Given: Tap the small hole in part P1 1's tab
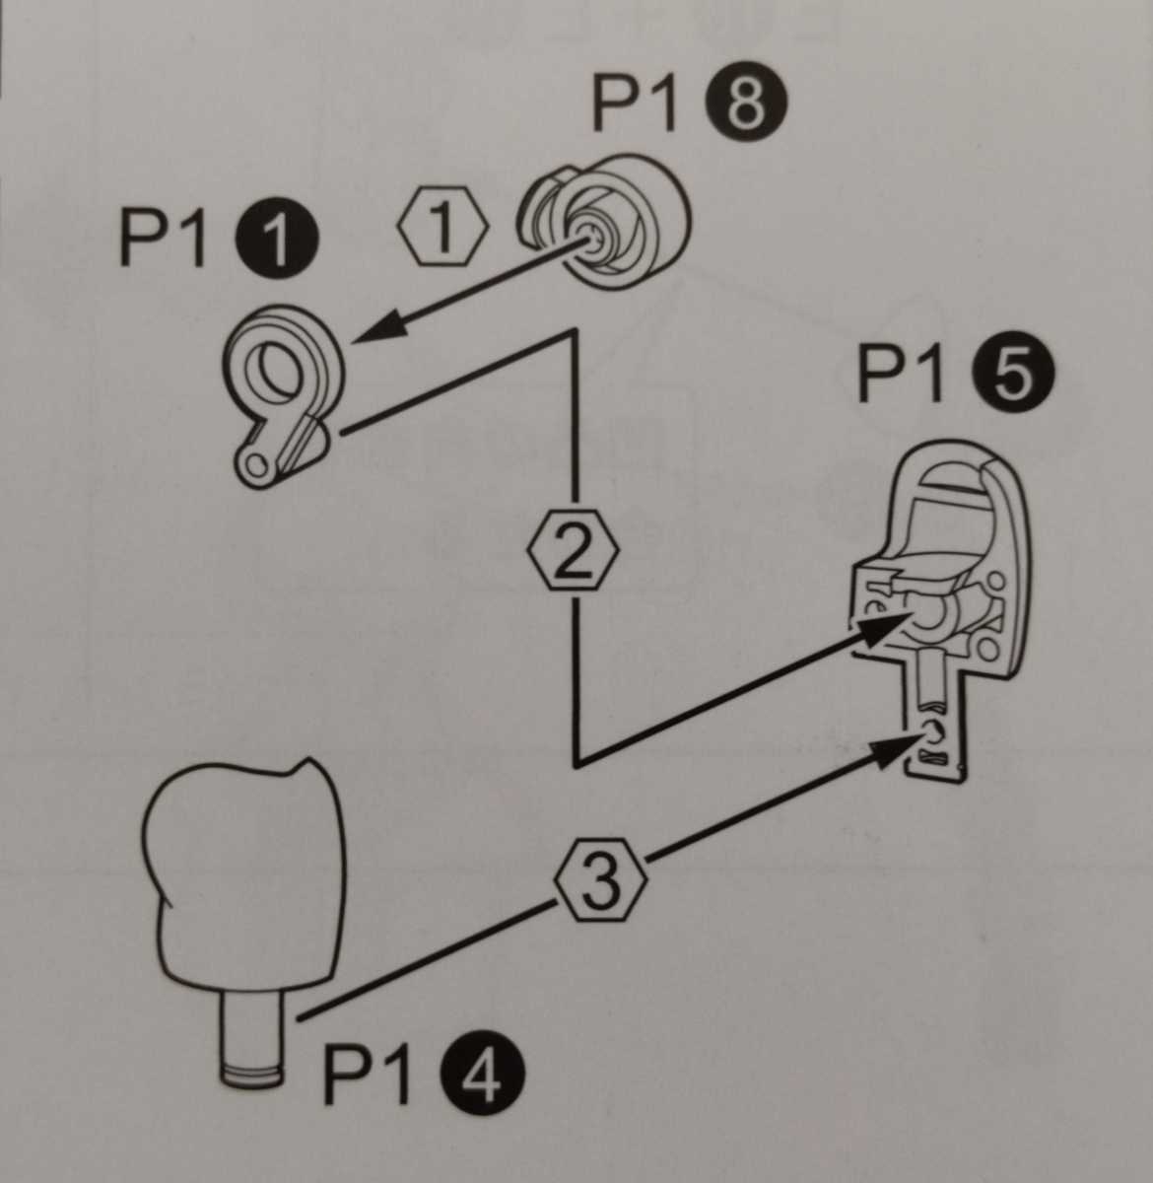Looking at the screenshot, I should (256, 465).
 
